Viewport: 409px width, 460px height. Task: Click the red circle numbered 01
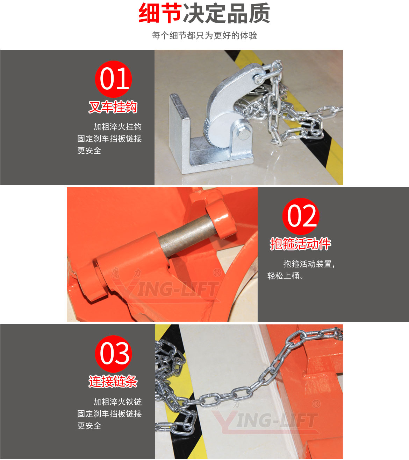coord(113,79)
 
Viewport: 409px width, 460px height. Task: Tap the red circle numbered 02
coord(301,216)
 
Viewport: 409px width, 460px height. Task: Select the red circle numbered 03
coord(113,354)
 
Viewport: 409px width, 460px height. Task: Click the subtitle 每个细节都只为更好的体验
coord(204,35)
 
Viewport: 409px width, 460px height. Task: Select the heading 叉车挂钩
coord(113,107)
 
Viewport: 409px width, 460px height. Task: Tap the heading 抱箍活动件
coord(300,244)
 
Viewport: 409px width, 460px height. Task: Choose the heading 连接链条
coord(113,381)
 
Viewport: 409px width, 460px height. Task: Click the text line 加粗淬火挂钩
coord(117,127)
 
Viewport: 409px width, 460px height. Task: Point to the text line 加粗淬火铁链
coord(117,402)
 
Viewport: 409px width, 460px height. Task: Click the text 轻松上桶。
coord(285,276)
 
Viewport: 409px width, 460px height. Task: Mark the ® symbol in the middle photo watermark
coord(217,272)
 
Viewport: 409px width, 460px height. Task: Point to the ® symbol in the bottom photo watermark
coord(316,404)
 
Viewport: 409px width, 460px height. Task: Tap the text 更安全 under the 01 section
coord(89,151)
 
